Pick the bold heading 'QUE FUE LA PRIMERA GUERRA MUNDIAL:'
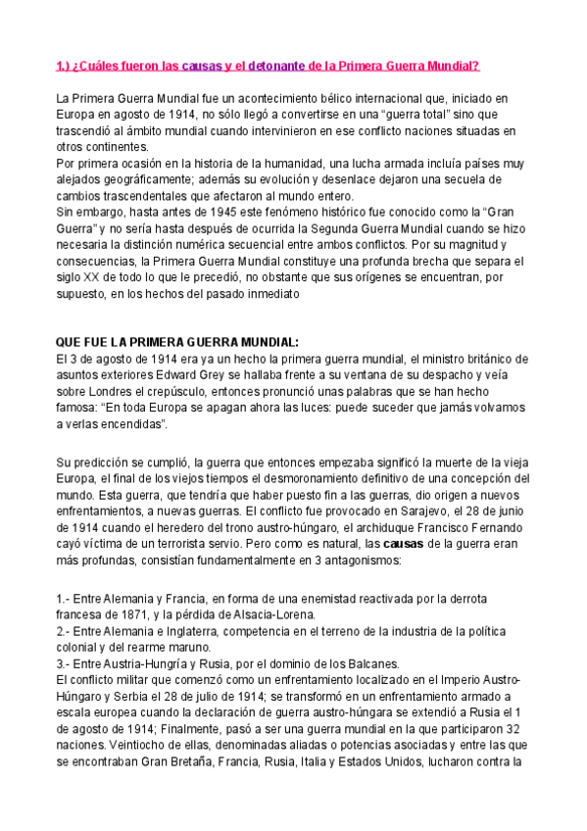click(x=176, y=342)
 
